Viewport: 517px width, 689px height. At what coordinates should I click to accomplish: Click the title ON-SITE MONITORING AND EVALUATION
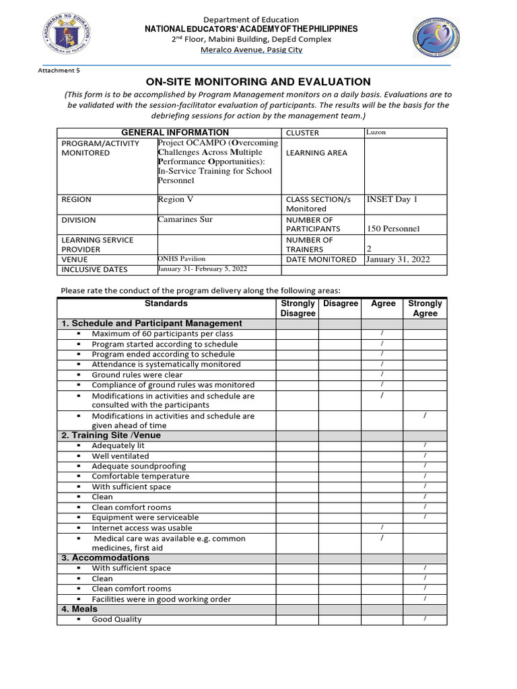point(258,81)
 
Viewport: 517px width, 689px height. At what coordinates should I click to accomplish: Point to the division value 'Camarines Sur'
point(185,219)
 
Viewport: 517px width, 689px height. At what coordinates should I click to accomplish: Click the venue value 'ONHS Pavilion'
point(181,259)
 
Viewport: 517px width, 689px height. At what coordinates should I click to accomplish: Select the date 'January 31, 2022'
point(397,259)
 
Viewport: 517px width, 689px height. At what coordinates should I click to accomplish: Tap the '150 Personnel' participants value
point(392,229)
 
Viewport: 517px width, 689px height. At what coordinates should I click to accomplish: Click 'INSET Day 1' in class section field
point(392,199)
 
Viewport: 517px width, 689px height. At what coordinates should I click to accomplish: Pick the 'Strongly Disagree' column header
point(298,308)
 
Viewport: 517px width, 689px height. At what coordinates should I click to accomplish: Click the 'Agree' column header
point(383,303)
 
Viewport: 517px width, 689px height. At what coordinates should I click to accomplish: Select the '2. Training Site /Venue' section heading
point(111,435)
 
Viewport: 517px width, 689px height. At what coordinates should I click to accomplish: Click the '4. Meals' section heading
point(79,609)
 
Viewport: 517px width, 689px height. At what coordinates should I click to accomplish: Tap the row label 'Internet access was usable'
point(142,528)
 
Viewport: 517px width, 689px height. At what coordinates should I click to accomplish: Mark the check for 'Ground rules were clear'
point(382,374)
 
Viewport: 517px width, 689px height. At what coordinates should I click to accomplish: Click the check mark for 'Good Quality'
point(425,618)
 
